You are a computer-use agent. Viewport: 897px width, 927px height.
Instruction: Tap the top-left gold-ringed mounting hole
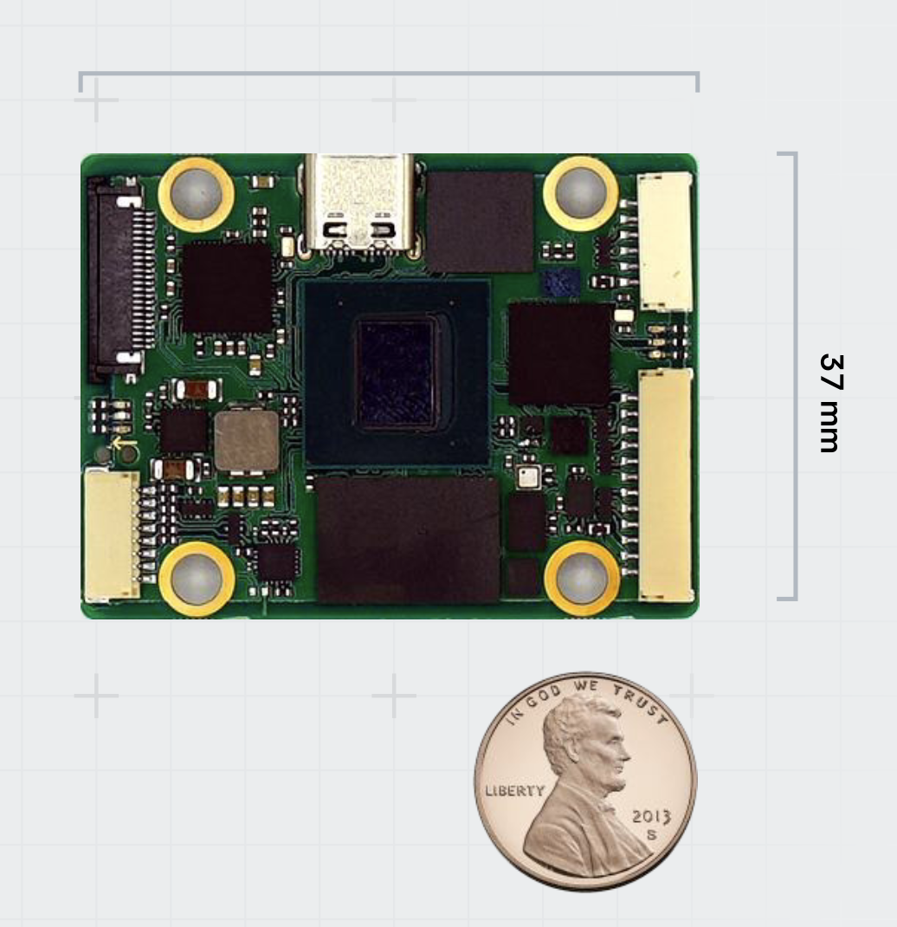[x=196, y=193]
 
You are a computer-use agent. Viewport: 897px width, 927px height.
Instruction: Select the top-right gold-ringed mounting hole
[x=581, y=192]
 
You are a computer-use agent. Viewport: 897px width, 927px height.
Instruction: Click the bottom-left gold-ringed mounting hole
[x=197, y=580]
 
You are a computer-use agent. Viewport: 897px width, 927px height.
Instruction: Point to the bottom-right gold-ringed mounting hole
[x=582, y=578]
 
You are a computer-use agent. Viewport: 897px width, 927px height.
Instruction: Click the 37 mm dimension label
[x=831, y=403]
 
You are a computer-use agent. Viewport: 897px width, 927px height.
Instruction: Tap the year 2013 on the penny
[x=651, y=816]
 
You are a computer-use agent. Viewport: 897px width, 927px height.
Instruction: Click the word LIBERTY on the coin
[x=514, y=790]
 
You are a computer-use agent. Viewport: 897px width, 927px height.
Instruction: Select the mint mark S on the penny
[x=650, y=835]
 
